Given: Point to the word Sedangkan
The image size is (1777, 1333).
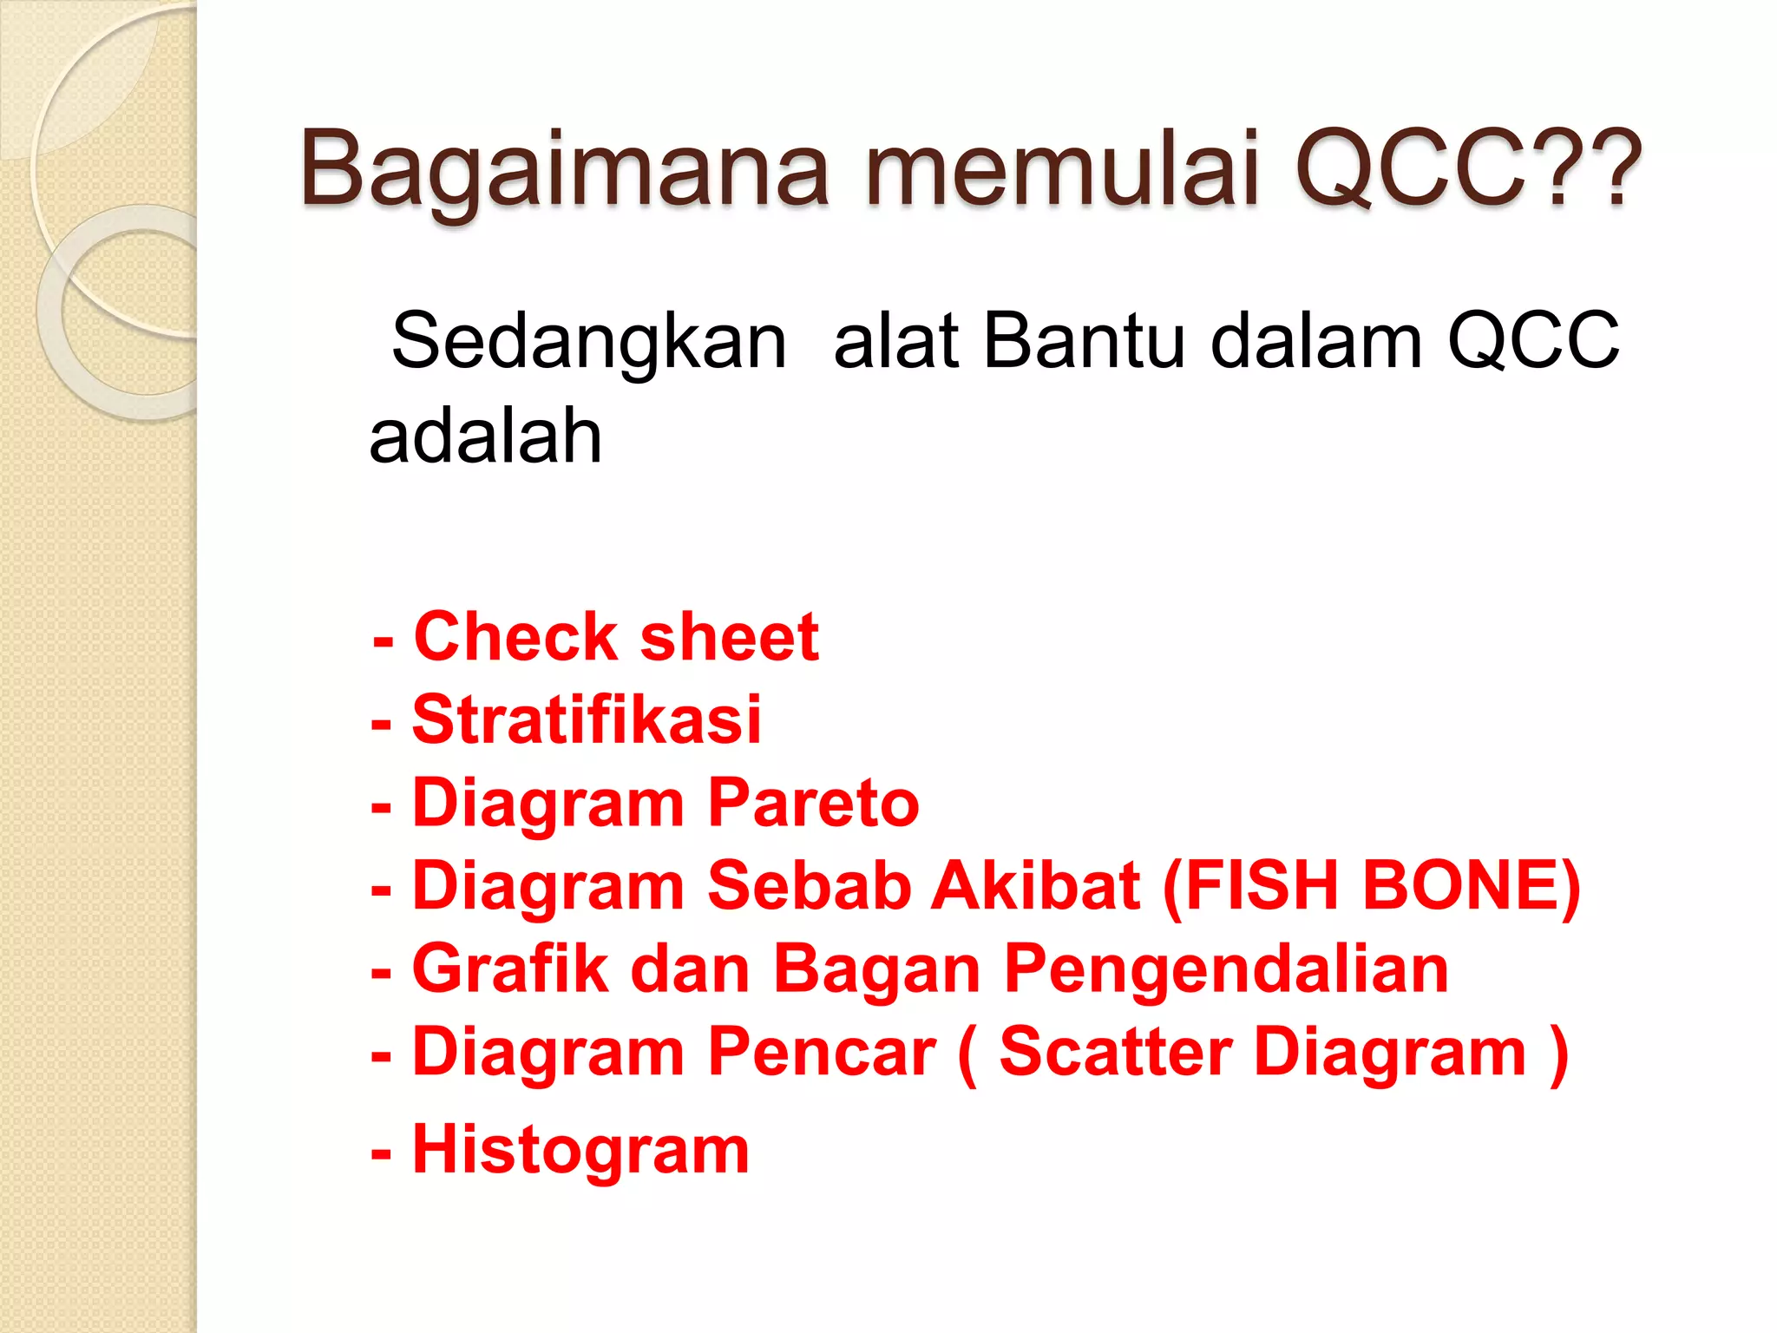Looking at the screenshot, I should (589, 341).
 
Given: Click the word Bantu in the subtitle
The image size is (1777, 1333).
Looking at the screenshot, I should (1084, 341).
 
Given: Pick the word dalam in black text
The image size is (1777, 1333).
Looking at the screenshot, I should (1316, 341).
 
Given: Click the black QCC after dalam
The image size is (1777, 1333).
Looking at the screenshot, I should (1533, 341).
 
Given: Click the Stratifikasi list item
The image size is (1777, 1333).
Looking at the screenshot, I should (587, 720).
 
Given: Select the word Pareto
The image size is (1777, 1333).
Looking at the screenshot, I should (813, 804).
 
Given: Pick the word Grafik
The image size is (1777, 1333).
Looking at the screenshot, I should (510, 969).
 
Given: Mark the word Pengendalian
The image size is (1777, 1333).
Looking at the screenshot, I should (1226, 969).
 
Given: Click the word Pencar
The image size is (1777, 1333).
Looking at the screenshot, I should (822, 1053).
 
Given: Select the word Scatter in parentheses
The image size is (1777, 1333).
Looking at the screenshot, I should (1116, 1053).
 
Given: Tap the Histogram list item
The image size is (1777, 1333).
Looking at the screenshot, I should (580, 1151).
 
